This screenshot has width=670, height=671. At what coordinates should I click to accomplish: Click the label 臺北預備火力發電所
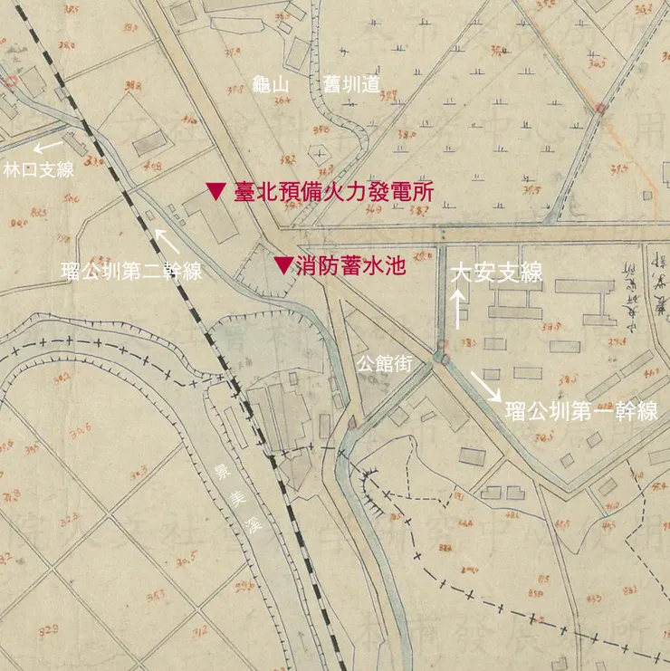333,192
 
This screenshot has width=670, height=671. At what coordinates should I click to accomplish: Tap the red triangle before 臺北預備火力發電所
215,191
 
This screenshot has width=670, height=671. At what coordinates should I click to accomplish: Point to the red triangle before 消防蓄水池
283,265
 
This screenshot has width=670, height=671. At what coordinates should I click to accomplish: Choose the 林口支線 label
38,169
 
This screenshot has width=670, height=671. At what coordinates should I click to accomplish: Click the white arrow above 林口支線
49,145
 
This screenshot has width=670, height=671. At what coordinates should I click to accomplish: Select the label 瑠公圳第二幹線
130,271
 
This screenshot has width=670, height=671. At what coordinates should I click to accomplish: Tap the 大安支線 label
496,272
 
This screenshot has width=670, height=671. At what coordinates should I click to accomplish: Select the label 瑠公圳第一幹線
580,413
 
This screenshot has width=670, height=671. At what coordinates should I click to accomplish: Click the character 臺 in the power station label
244,192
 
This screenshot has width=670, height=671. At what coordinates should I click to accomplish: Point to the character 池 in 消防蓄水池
392,265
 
